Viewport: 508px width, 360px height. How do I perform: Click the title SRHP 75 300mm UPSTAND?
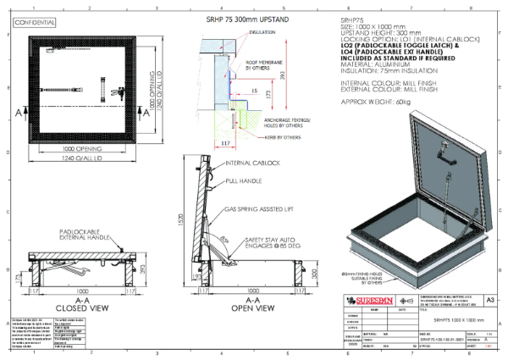coord(231,19)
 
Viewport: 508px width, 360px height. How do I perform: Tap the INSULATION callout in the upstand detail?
coord(262,31)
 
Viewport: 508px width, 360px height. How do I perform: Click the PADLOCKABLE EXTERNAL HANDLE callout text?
coord(82,234)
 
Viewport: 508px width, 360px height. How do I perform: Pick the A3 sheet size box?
coord(490,299)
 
